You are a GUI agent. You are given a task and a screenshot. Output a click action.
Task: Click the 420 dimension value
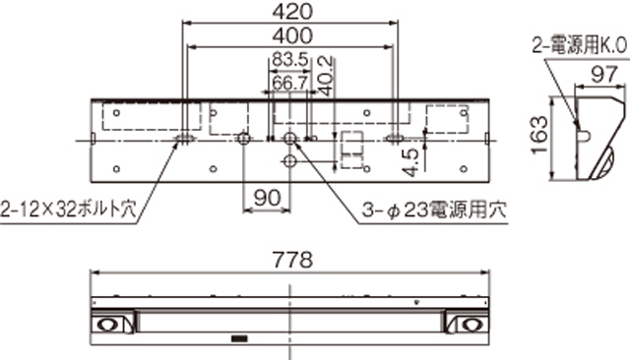pos(290,12)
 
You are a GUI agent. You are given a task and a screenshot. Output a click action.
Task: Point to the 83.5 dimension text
pos(287,61)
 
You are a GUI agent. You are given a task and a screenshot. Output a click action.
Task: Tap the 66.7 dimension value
pos(287,83)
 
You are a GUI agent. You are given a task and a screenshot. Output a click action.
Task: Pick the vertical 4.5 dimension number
pos(410,158)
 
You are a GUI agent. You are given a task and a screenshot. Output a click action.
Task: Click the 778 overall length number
pos(290,261)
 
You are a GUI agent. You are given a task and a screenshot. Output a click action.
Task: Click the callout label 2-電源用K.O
pos(579,44)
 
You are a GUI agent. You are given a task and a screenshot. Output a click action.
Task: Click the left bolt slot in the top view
pos(186,139)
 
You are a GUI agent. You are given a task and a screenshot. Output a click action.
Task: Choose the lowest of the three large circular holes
pos(290,160)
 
